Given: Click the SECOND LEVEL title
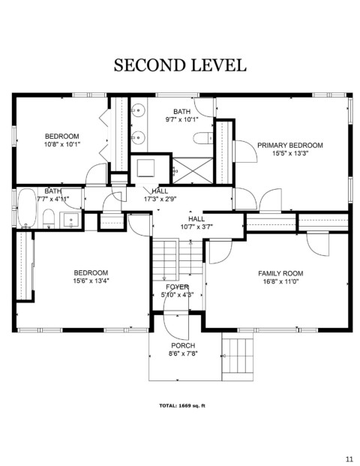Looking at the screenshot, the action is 180,65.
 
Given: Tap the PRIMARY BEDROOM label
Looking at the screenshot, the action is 290,146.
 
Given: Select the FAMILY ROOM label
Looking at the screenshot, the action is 280,273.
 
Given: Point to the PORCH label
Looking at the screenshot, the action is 183,346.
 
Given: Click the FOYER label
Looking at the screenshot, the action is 177,287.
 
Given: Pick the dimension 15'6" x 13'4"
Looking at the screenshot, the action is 91,281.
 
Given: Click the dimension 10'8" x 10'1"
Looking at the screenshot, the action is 62,144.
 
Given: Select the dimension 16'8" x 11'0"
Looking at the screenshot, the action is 280,281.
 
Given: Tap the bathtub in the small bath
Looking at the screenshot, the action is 27,207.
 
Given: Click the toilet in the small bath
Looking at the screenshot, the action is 49,218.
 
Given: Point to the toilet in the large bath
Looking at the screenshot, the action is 202,138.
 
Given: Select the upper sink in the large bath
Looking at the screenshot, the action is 137,110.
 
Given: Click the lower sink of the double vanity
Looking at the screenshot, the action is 137,138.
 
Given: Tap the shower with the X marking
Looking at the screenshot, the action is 193,171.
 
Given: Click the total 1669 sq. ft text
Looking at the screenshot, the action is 182,406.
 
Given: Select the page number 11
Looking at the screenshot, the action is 349,458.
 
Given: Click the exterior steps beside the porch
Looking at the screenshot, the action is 237,356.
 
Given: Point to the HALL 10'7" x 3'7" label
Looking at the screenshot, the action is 196,223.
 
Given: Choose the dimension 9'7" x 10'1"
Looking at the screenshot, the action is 181,119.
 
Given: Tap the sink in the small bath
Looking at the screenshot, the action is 70,220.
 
